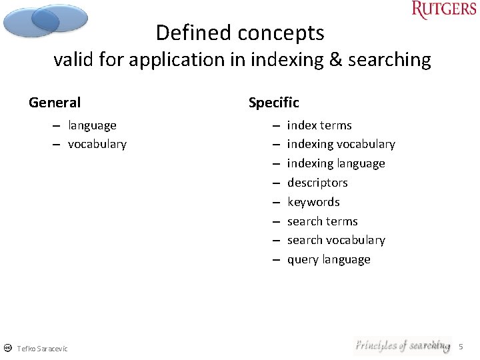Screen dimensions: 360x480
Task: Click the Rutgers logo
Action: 444,10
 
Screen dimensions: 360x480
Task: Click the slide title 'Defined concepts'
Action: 240,33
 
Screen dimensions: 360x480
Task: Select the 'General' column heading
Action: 55,103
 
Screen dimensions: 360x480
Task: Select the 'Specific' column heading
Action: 273,103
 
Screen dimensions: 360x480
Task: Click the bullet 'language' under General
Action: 92,125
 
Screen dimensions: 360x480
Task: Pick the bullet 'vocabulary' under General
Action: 97,144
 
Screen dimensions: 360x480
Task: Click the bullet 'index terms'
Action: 319,125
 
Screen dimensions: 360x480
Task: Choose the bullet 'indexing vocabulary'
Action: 341,144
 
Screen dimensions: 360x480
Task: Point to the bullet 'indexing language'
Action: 336,163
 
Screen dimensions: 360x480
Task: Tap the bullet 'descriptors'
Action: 317,183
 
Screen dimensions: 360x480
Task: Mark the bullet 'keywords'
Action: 313,202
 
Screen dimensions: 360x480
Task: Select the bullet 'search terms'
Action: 322,221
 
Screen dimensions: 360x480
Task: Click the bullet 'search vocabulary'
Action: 336,240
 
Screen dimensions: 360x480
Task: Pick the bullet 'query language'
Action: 329,259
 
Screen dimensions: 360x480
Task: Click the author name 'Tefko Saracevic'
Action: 42,349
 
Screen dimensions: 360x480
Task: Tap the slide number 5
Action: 461,347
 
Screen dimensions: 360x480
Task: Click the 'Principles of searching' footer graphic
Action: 402,345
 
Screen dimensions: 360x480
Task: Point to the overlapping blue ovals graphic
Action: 45,20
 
